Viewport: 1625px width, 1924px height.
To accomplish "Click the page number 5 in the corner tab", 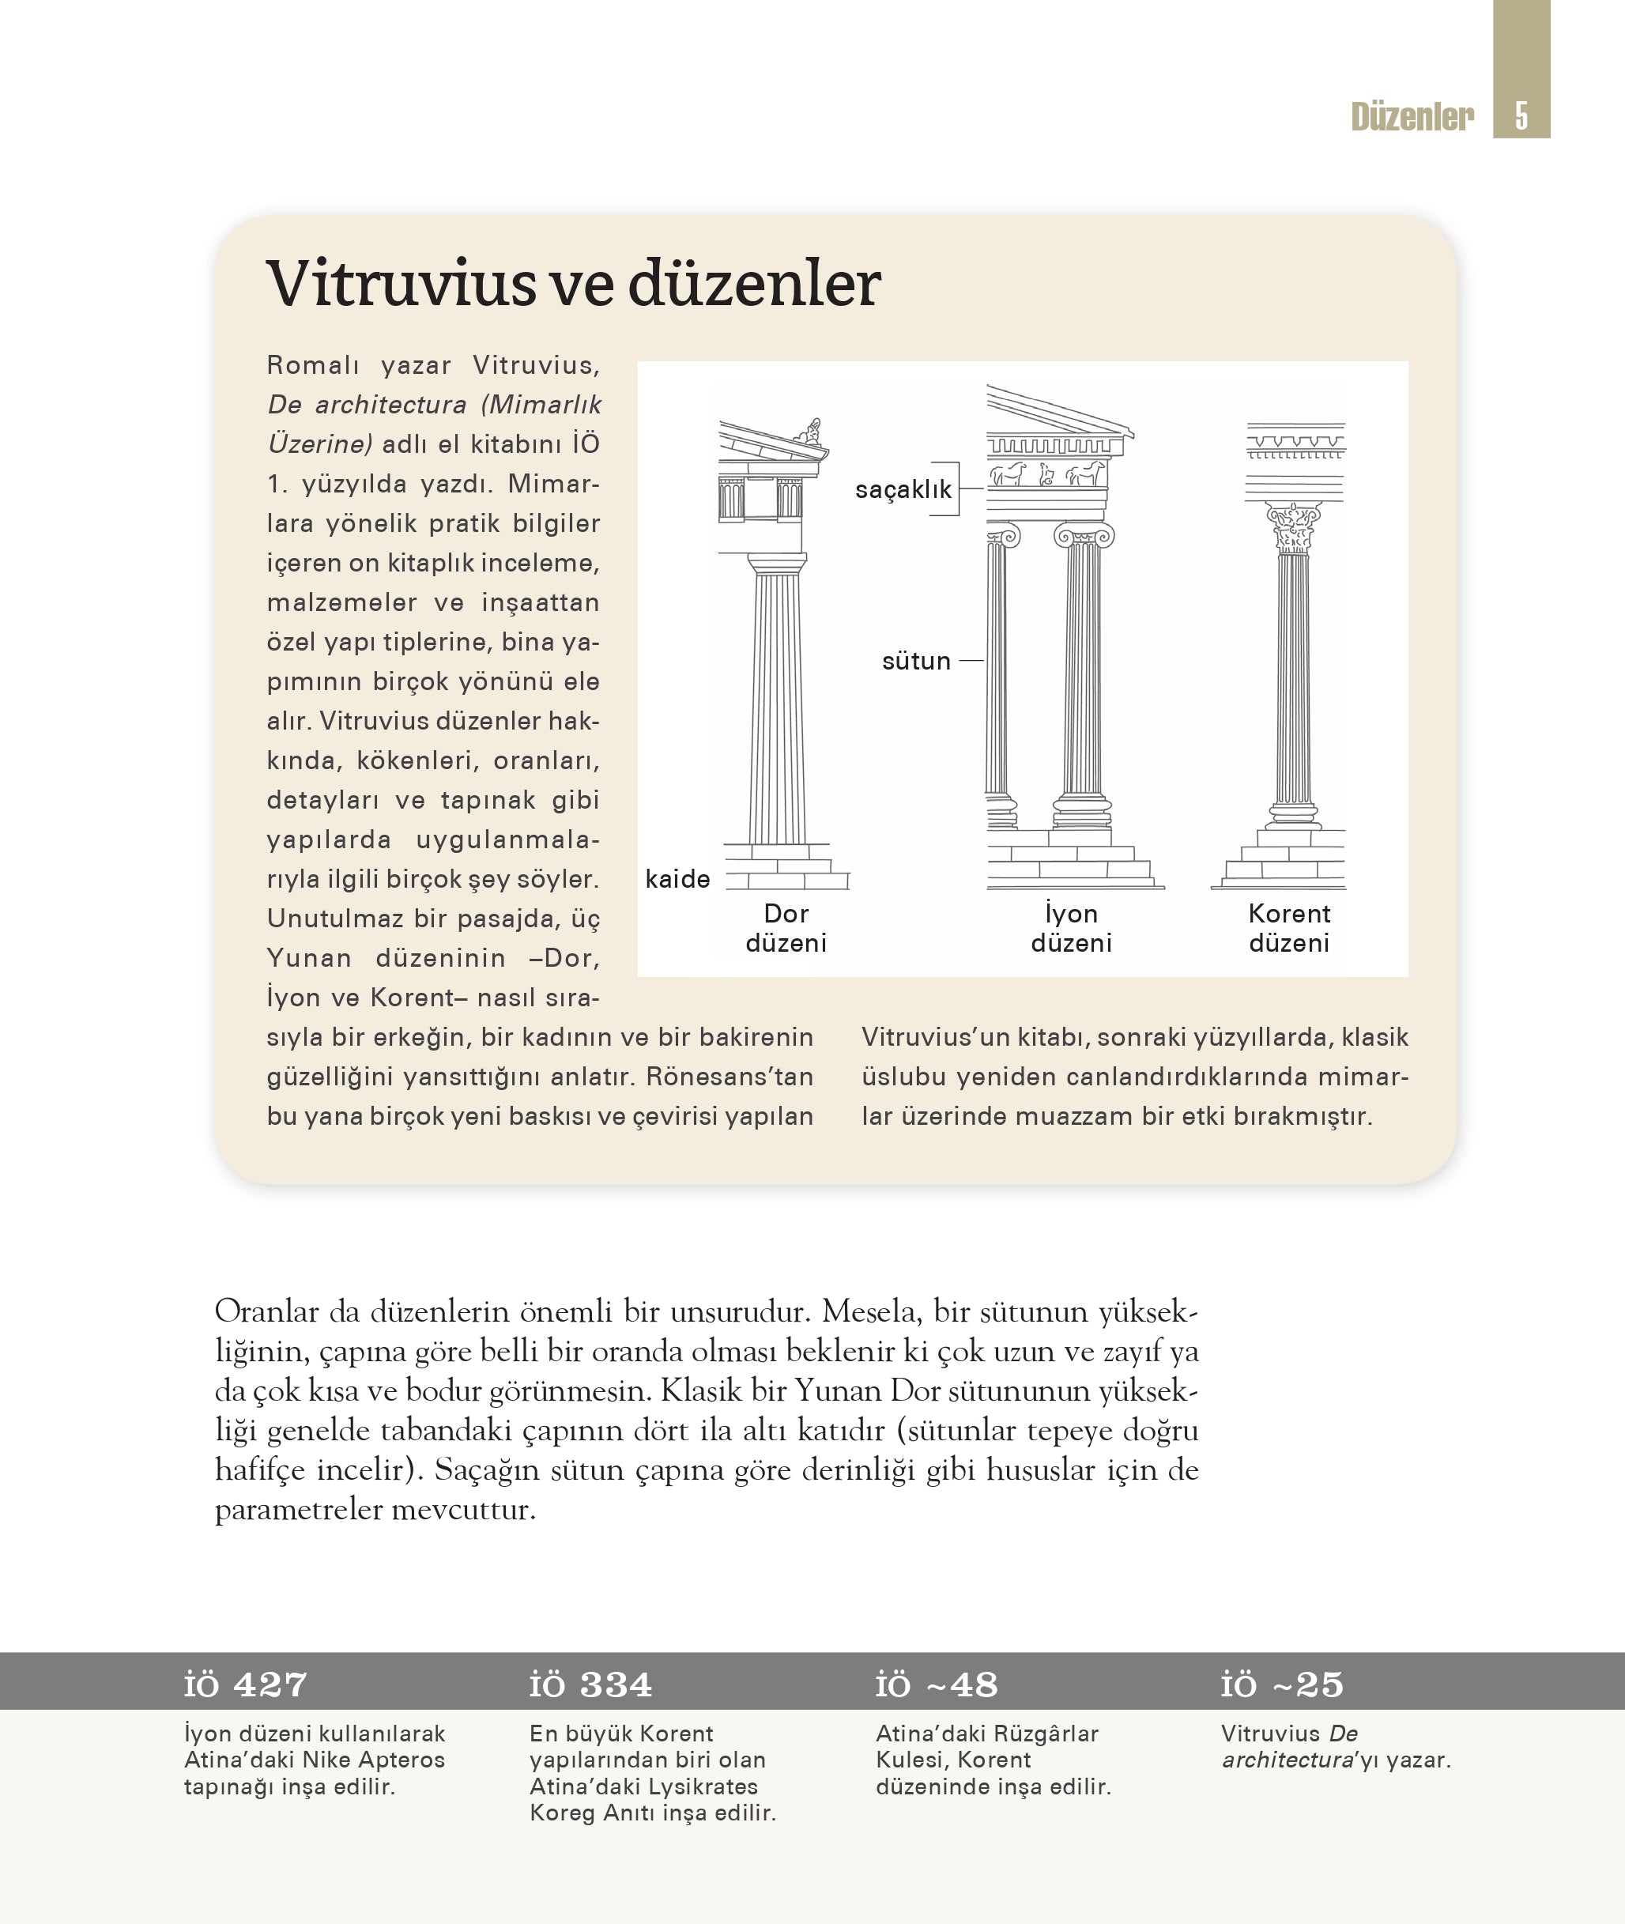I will click(1521, 116).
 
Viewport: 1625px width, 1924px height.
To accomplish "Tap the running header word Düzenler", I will click(1412, 117).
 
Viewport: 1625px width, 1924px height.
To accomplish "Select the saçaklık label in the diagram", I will click(903, 489).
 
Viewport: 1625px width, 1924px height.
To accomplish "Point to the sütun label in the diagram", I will click(916, 661).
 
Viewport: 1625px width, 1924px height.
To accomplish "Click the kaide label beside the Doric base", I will click(677, 879).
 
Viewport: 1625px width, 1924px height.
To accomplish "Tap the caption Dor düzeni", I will click(786, 928).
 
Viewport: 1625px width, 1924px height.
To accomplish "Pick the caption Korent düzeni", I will click(1289, 928).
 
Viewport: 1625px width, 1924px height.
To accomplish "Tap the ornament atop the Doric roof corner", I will click(812, 432).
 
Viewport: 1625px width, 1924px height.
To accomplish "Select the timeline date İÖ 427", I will click(245, 1684).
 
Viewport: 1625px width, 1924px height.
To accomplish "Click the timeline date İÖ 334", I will click(590, 1684).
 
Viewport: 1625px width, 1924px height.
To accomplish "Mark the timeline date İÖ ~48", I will click(936, 1684).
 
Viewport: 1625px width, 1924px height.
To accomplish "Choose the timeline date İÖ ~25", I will click(1281, 1684).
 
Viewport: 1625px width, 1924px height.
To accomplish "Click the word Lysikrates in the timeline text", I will click(703, 1786).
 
